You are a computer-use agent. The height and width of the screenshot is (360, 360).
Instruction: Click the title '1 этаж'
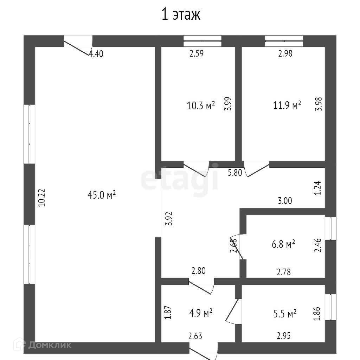pyautogui.click(x=181, y=14)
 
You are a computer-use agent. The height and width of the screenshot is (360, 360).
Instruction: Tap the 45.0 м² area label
pyautogui.click(x=102, y=195)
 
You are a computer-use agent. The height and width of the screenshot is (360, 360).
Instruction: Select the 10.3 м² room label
pyautogui.click(x=201, y=105)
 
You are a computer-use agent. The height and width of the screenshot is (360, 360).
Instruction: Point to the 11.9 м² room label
pyautogui.click(x=287, y=105)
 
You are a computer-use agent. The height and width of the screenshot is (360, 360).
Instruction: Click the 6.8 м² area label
pyautogui.click(x=283, y=244)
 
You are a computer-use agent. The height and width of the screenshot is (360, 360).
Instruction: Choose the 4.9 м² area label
pyautogui.click(x=201, y=313)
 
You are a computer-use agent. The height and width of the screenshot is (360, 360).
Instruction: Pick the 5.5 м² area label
pyautogui.click(x=285, y=314)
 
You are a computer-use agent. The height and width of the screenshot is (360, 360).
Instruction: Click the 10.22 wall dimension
pyautogui.click(x=42, y=198)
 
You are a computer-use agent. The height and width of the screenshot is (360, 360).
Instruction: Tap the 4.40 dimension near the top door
pyautogui.click(x=96, y=54)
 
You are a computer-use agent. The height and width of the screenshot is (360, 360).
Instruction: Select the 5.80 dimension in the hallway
pyautogui.click(x=235, y=172)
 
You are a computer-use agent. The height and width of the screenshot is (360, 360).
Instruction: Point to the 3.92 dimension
pyautogui.click(x=169, y=218)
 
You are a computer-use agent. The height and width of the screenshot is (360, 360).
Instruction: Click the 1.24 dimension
pyautogui.click(x=317, y=188)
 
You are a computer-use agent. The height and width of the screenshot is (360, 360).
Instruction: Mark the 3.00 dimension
pyautogui.click(x=285, y=201)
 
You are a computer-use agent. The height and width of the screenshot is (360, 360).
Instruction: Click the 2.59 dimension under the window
pyautogui.click(x=197, y=53)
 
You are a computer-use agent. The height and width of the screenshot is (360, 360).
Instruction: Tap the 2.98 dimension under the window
pyautogui.click(x=285, y=53)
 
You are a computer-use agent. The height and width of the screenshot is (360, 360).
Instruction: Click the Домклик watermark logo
pyautogui.click(x=43, y=345)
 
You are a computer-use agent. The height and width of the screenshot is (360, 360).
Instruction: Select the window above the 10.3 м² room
pyautogui.click(x=202, y=41)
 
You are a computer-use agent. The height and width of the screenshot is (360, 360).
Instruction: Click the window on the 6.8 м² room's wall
pyautogui.click(x=330, y=229)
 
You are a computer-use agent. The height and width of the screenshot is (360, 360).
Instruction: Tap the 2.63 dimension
pyautogui.click(x=195, y=336)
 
